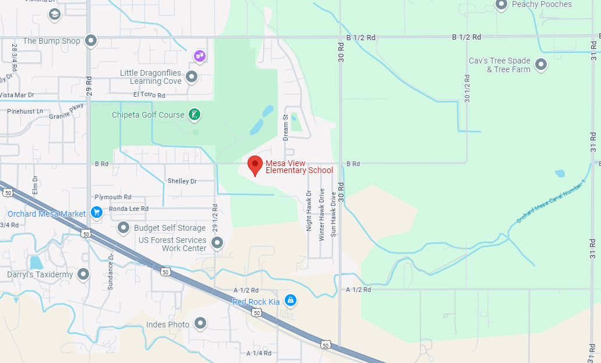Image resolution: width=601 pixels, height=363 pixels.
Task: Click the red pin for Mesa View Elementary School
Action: (254, 165)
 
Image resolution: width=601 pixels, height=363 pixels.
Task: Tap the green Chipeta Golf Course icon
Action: (195, 115)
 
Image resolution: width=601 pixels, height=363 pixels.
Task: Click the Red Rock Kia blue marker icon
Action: (291, 301)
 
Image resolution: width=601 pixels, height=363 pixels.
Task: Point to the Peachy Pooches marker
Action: (501, 5)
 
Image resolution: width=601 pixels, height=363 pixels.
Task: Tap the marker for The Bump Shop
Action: (90, 41)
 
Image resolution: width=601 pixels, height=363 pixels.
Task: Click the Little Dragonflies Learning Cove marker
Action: (191, 76)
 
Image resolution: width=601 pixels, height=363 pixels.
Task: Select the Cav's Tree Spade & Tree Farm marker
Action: (541, 65)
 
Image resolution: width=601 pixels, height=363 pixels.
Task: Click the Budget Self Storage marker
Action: (123, 228)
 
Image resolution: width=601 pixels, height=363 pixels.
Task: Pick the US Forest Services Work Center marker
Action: (217, 242)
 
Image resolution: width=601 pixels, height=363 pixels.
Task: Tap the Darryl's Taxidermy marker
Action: (83, 274)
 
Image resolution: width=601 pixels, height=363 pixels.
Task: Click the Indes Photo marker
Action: (200, 323)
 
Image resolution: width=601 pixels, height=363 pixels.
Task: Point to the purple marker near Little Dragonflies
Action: (200, 56)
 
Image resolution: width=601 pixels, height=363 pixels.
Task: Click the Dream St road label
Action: (286, 127)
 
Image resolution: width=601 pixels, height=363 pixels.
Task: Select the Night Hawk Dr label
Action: (309, 210)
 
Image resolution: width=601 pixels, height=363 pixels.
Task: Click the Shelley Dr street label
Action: (182, 181)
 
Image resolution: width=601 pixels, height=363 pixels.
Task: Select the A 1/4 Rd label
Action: (259, 353)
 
